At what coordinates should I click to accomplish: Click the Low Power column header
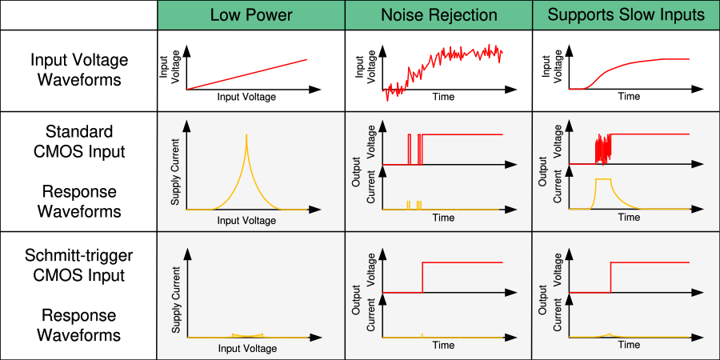[250, 15]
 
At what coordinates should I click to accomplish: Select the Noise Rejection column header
[439, 15]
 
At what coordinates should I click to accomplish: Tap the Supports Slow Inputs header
[626, 15]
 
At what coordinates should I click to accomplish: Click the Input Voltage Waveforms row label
[79, 70]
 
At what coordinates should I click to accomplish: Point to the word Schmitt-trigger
[78, 255]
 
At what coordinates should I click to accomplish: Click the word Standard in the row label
[79, 131]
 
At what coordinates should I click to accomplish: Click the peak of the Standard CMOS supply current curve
[246, 134]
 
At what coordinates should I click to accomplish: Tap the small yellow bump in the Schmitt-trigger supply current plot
[247, 334]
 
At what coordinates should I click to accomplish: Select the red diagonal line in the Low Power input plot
[246, 74]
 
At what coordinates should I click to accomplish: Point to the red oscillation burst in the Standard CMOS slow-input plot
[603, 148]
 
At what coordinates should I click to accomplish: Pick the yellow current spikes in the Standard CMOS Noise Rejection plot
[414, 205]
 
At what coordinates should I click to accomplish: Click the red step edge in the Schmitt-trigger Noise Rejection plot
[422, 278]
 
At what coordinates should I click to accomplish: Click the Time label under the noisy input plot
[443, 97]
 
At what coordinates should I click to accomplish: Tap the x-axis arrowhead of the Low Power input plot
[314, 90]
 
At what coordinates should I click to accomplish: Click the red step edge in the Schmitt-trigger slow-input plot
[610, 278]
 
